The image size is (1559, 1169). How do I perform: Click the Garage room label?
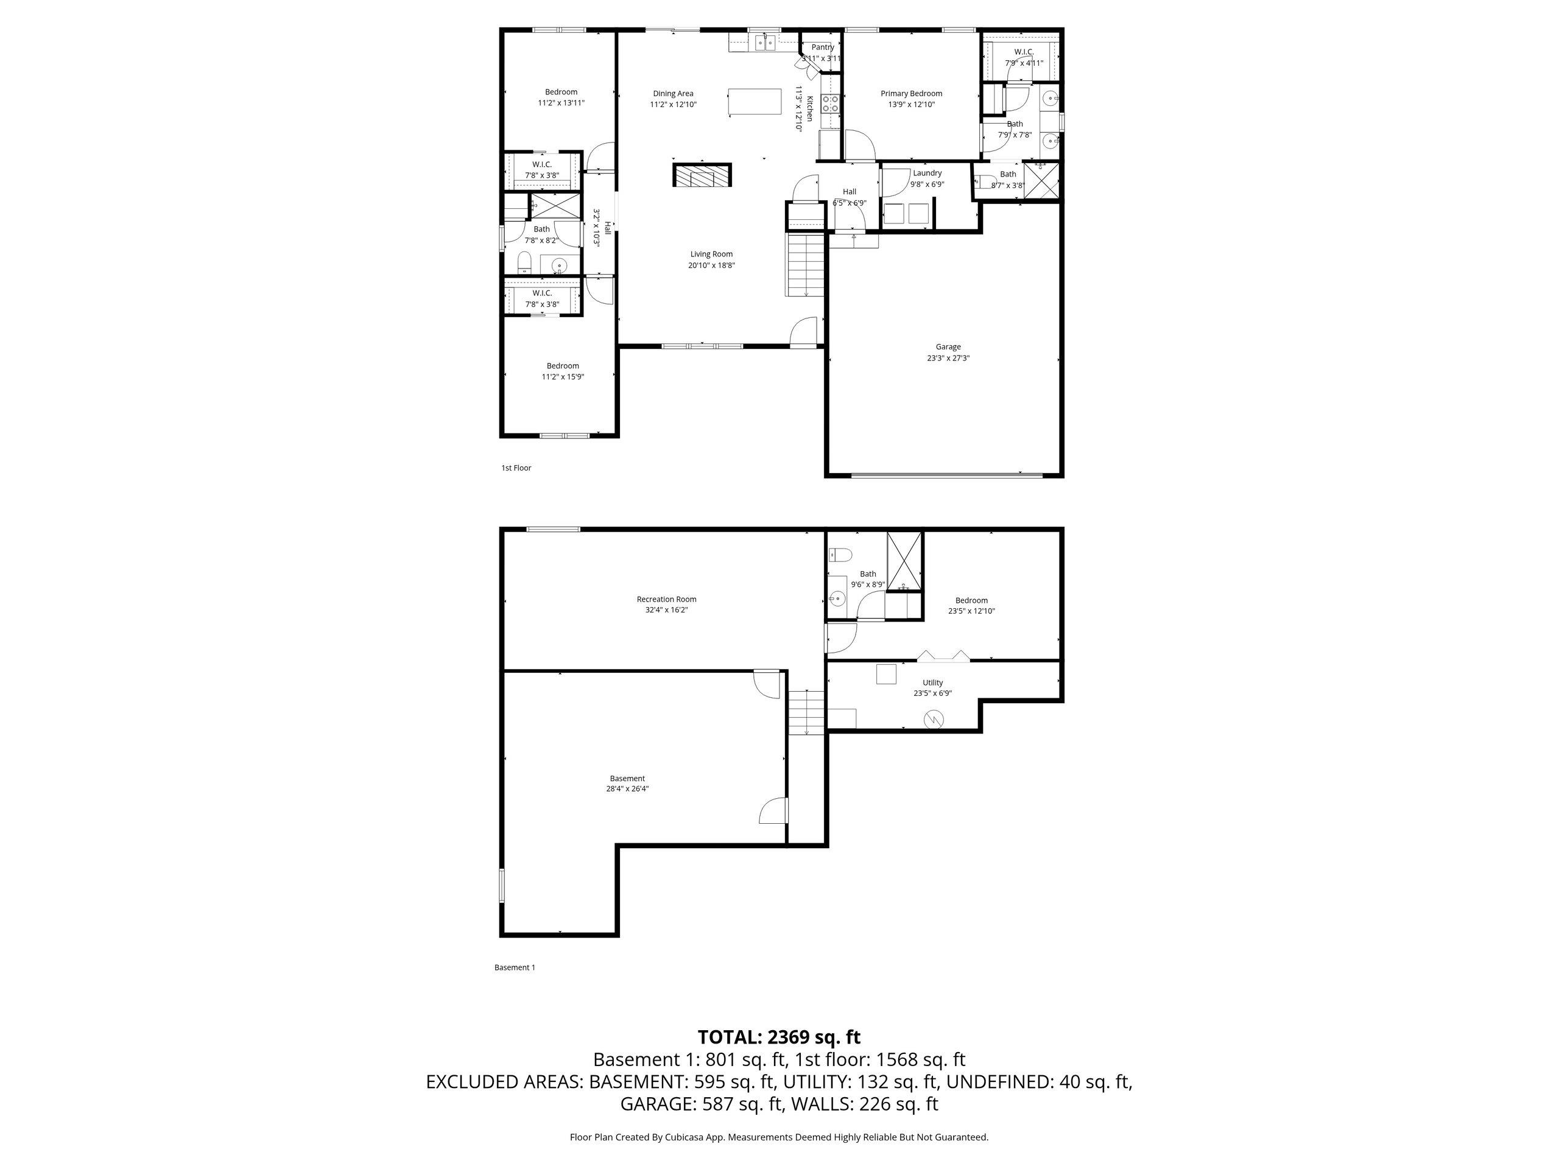click(948, 346)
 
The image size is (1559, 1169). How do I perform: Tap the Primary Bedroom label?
click(911, 93)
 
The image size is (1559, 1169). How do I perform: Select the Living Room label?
click(711, 255)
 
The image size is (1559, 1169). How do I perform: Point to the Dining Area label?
click(673, 93)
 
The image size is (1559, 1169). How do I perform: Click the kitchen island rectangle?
click(755, 102)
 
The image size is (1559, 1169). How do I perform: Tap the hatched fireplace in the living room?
click(702, 175)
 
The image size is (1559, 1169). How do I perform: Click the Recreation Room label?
click(666, 599)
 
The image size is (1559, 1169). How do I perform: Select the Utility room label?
click(932, 682)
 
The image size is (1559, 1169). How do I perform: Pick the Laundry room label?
click(927, 173)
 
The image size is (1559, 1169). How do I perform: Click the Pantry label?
click(823, 47)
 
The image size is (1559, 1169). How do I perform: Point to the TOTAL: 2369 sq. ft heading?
click(779, 1036)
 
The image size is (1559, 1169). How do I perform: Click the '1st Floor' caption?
click(516, 468)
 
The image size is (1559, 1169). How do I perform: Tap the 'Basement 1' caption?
click(515, 967)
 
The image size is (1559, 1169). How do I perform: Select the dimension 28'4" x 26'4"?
click(627, 789)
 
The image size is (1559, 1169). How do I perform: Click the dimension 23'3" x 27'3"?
click(948, 358)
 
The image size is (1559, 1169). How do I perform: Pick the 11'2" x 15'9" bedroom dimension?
click(563, 377)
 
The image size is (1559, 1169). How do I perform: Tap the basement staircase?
click(806, 713)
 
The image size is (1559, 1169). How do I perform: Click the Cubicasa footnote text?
click(779, 1137)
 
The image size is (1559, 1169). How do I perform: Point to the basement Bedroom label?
click(971, 600)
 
